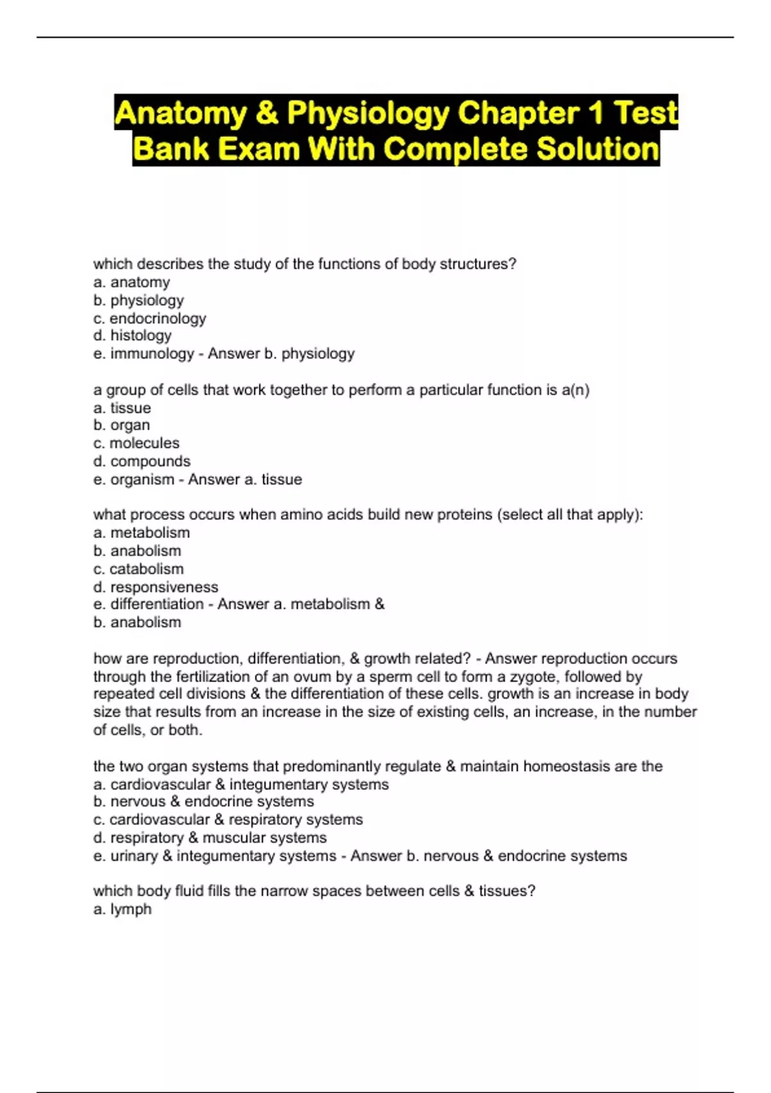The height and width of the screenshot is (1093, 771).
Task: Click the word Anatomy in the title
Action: tap(181, 114)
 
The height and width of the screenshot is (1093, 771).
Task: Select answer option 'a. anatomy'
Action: tap(132, 282)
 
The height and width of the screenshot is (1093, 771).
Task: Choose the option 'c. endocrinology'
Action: tap(150, 318)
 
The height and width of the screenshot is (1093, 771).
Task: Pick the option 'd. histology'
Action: tap(132, 336)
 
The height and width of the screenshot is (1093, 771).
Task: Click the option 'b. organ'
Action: tap(121, 425)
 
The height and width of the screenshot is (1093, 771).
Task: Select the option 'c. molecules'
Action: tap(136, 443)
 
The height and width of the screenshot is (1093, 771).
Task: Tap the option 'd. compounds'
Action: tap(142, 461)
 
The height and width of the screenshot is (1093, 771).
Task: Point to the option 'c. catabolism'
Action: tap(138, 569)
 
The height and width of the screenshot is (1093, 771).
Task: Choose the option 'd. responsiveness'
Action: tap(155, 587)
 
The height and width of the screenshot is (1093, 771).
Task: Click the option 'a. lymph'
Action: tap(122, 909)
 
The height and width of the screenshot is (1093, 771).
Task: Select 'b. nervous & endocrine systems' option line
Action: tap(204, 802)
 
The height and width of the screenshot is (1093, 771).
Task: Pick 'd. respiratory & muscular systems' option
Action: tap(210, 838)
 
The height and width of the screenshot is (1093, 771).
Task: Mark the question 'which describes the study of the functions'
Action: tap(305, 264)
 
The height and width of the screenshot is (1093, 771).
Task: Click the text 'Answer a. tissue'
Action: tap(245, 480)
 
